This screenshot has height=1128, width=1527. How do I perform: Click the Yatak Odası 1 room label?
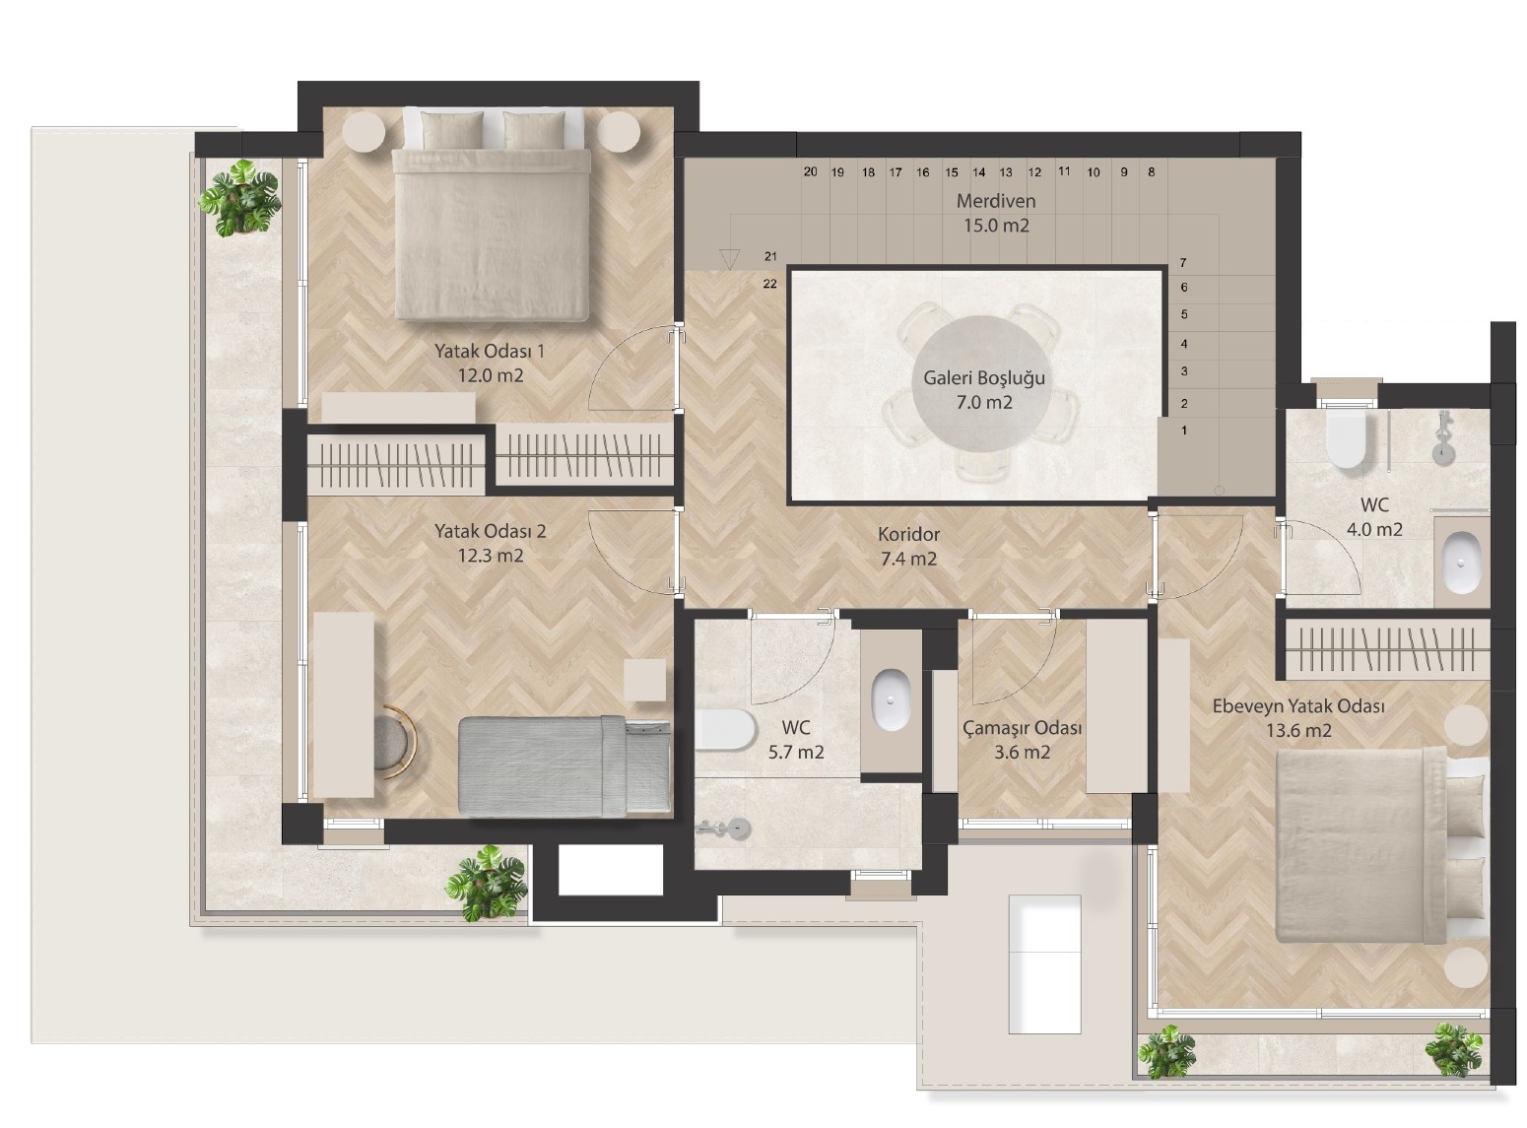point(490,363)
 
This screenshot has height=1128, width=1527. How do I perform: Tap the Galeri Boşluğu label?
point(984,390)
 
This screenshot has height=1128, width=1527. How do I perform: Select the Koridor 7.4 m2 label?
point(908,546)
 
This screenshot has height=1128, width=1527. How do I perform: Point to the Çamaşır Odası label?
point(1022,740)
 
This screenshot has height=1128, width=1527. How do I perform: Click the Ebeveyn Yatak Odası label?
point(1297,717)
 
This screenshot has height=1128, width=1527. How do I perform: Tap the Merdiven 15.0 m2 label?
point(996,213)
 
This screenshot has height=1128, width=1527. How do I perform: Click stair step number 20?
point(811,171)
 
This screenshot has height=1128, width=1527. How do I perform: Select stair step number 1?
point(1184,431)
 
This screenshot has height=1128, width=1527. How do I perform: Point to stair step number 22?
point(769,284)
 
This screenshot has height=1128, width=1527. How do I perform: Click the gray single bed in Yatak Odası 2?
point(564,766)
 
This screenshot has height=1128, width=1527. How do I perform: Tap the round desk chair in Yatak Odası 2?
point(394,742)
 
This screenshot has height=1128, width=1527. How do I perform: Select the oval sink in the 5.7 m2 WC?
point(891,699)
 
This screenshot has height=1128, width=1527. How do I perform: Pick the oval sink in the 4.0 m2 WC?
point(1461,562)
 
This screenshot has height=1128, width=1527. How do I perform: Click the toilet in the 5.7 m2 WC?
point(724,729)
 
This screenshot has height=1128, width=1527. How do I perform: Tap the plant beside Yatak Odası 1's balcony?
point(240,198)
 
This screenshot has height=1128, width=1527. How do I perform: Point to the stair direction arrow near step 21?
point(729,259)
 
